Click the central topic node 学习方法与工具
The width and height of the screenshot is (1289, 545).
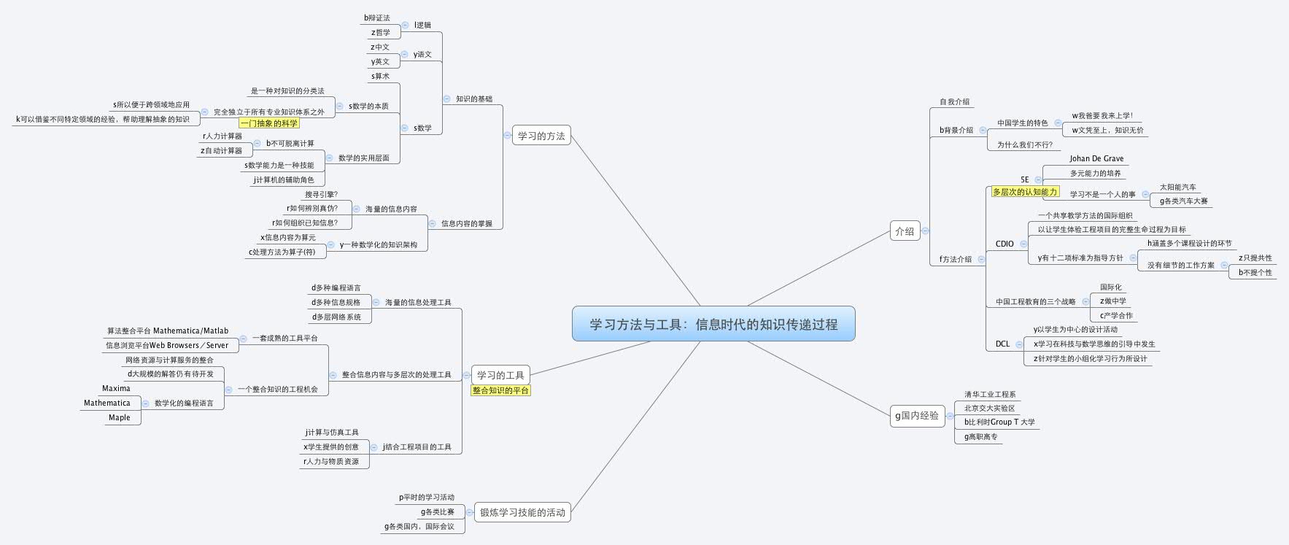(713, 324)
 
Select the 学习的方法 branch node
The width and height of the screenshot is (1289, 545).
(541, 136)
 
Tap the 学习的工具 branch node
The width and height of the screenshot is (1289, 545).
(500, 375)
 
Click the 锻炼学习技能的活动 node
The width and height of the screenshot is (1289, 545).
(522, 512)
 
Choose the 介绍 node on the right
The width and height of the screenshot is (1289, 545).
(904, 231)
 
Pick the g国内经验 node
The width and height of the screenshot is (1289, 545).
(917, 415)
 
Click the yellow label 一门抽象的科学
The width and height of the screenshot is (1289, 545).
(269, 123)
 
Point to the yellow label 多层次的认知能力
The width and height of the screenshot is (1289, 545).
(1024, 192)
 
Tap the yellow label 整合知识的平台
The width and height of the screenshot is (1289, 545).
(500, 390)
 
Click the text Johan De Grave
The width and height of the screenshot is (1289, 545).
(1096, 158)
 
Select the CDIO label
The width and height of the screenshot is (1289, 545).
(1005, 244)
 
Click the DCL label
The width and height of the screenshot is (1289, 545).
(1002, 344)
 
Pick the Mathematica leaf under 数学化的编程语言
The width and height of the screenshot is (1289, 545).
(107, 403)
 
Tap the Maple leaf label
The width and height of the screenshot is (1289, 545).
(119, 417)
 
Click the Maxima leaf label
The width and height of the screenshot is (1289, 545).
(116, 388)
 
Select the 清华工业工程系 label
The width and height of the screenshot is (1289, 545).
(989, 394)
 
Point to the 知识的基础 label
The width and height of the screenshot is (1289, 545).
(473, 98)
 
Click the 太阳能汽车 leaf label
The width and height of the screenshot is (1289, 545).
(1177, 187)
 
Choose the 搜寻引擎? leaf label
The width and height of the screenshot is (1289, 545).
(321, 194)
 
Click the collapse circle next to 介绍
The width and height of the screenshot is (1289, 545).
(925, 231)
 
